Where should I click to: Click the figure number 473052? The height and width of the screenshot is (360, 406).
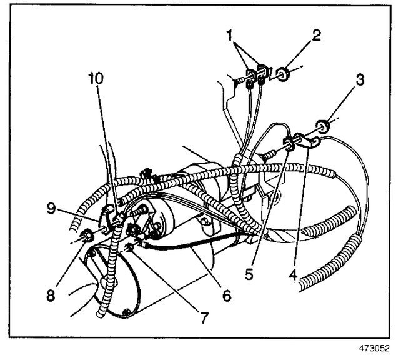coord(375,351)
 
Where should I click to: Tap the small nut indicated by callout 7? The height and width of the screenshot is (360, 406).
coord(129,250)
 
